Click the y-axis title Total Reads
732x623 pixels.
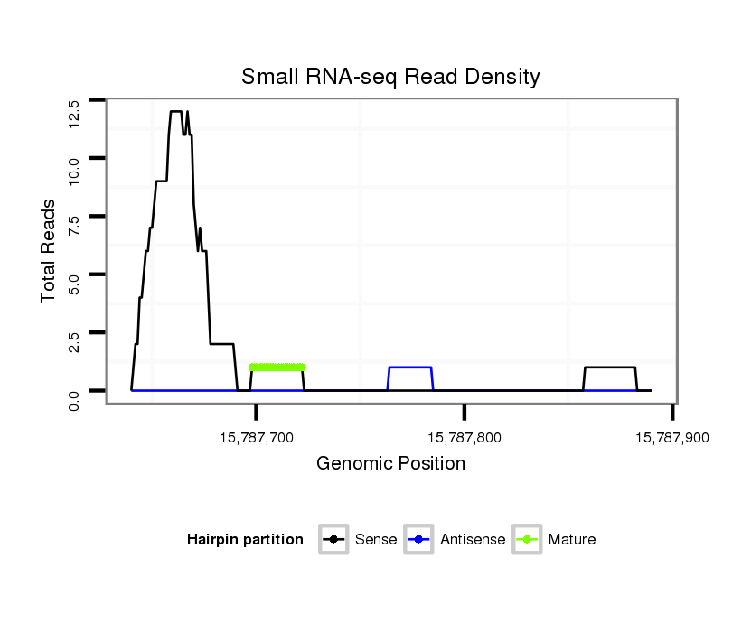[x=51, y=250]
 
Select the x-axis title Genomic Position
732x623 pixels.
[x=390, y=464]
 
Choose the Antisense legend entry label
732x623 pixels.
[x=473, y=540]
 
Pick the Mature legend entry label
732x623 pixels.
[x=572, y=540]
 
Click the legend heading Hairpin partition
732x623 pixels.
[x=245, y=540]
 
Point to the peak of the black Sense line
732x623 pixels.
[x=176, y=112]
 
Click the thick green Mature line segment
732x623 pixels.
[x=277, y=367]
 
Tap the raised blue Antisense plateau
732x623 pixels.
[x=409, y=367]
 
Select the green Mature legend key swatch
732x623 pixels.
[x=527, y=540]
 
